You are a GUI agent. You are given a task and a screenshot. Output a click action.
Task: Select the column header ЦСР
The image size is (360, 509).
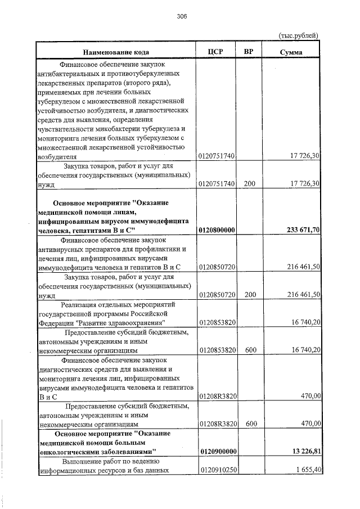click(x=216, y=52)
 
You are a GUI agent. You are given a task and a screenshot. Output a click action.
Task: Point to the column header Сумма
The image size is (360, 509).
click(x=291, y=52)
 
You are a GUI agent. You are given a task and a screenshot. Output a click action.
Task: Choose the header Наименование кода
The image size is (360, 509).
click(x=117, y=52)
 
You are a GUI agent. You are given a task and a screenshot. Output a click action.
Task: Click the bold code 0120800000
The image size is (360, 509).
click(x=217, y=229)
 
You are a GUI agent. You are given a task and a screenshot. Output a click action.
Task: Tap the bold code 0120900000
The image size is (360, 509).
click(x=217, y=452)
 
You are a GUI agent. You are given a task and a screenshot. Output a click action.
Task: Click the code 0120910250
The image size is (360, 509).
click(x=217, y=470)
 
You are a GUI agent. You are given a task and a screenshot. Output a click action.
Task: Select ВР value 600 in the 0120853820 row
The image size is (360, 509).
click(x=250, y=350)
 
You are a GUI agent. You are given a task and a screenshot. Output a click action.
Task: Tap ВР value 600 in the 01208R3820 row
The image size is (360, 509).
click(x=250, y=423)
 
